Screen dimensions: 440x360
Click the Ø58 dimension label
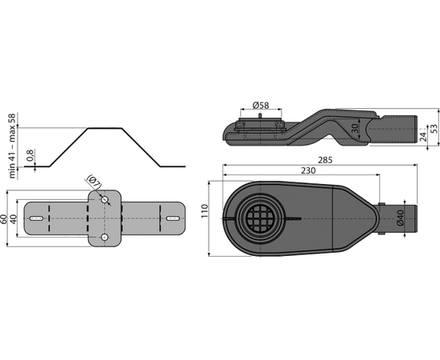[x=261, y=106]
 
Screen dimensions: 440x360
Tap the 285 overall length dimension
[x=325, y=160]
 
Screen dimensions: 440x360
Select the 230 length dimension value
[x=308, y=170]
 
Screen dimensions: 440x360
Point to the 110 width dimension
[x=205, y=210]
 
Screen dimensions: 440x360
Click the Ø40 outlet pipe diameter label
[x=400, y=218]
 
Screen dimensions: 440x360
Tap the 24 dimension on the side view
[x=423, y=136]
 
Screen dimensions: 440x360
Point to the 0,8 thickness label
[x=30, y=155]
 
